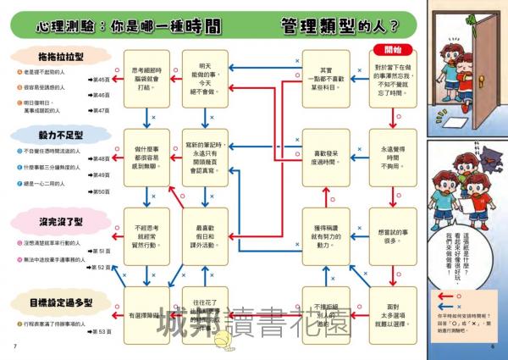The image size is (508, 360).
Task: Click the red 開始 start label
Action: tap(392, 49)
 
